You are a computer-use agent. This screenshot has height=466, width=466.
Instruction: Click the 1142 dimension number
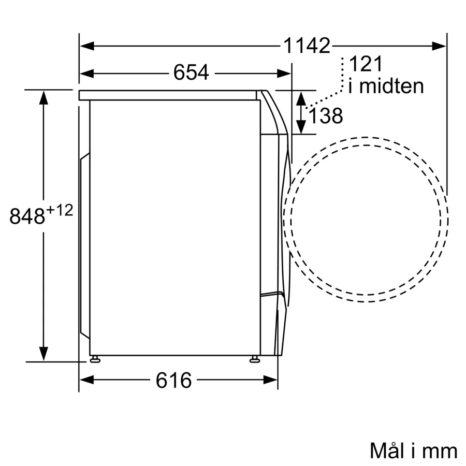click(307, 46)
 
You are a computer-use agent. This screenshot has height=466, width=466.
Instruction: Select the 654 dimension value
click(191, 72)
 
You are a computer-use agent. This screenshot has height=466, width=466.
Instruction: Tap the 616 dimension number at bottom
click(173, 380)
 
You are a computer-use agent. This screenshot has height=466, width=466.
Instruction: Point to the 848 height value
click(27, 216)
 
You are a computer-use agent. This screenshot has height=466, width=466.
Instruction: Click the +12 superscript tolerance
click(60, 210)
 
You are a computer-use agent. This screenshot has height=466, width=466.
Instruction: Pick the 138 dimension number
click(326, 115)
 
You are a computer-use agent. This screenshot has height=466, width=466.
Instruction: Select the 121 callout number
click(366, 64)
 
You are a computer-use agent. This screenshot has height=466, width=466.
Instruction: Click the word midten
click(391, 86)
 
